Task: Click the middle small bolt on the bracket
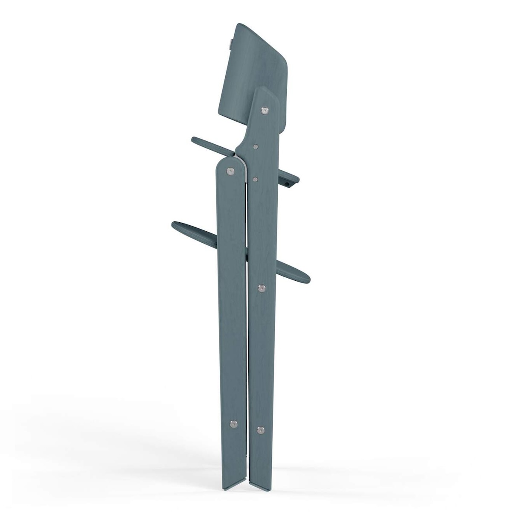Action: click(x=256, y=146)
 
